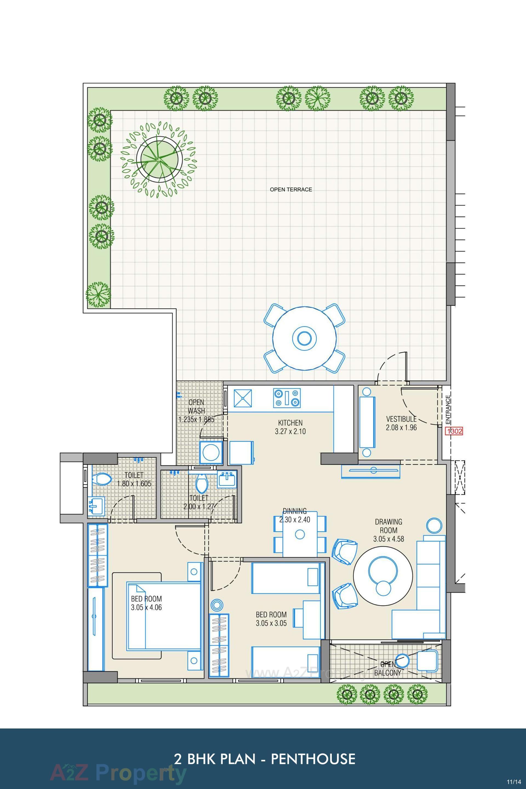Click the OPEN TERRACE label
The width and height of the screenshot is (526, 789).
click(291, 190)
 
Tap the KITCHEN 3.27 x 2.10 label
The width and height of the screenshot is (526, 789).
click(290, 427)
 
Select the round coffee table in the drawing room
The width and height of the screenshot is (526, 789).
click(383, 571)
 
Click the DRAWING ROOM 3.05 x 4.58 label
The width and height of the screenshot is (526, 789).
click(388, 530)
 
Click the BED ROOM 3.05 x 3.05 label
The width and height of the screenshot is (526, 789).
click(271, 619)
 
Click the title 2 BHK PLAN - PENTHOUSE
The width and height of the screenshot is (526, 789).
click(264, 749)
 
